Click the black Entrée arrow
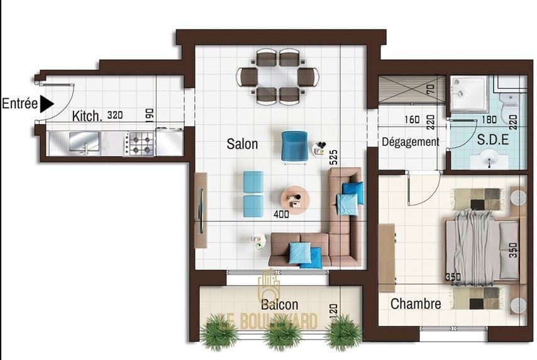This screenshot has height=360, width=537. coord(47,104)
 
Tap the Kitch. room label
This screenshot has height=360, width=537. coord(87,116)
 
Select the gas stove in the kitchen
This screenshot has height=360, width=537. coord(141,144)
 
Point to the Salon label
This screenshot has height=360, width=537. coord(242,143)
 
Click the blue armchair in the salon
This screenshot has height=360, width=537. coord(294,147)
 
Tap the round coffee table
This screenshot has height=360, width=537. coord(295,200)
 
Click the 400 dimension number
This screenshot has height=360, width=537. coord(281,214)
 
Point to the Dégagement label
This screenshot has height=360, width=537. coord(410,142)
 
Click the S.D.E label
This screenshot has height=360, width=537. coord(493,140)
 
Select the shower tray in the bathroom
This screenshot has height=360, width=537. coord(469,94)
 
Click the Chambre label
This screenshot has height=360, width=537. coord(416,304)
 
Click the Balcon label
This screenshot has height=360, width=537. coord(279,304)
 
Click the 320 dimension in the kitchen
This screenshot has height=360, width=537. coord(114,115)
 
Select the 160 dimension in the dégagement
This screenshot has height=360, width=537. coord(412,120)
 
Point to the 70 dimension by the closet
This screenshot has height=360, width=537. coord(431,89)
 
